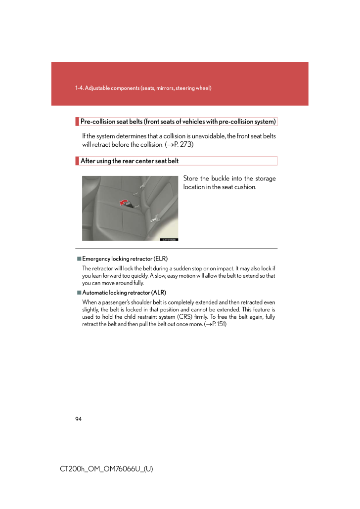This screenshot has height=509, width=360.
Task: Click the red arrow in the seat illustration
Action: [122, 201]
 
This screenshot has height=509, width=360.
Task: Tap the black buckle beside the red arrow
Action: [131, 204]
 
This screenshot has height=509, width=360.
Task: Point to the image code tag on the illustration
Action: [169, 239]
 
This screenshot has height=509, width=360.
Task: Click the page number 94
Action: [79, 419]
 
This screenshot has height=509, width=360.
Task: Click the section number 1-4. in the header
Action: [79, 88]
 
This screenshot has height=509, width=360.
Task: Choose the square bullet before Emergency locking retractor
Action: [79, 258]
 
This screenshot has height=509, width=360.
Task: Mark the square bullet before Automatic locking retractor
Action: [79, 293]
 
